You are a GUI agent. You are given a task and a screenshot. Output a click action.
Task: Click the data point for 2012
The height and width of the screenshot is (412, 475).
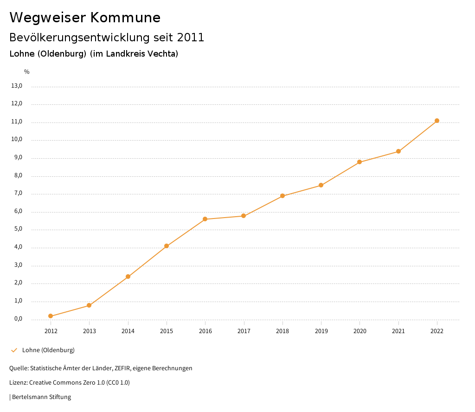point(51,316)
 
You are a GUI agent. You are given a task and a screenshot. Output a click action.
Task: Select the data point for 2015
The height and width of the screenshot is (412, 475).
point(167,246)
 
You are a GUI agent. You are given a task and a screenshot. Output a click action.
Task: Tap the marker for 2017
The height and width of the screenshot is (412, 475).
point(244,216)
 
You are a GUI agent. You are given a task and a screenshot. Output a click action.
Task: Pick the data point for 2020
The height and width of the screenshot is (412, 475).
point(359,162)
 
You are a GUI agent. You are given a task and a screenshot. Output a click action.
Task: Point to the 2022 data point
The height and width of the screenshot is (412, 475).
point(437,121)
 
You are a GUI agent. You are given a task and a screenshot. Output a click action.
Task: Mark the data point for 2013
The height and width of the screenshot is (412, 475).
point(89,305)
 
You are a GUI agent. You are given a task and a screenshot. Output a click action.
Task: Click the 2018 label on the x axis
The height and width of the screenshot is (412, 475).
point(282,331)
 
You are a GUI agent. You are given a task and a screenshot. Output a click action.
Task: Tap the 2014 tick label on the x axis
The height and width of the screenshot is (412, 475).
point(128,331)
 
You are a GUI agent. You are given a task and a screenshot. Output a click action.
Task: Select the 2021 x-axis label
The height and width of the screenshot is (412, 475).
point(398,331)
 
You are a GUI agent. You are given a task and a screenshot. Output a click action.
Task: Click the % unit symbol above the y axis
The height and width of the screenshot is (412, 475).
point(27,72)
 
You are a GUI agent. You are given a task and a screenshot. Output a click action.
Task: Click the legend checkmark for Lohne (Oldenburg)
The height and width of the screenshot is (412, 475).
point(14,350)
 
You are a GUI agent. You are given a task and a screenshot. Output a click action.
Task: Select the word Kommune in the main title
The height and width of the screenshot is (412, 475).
point(125,17)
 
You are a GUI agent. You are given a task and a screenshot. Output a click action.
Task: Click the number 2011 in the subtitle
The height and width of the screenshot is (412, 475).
point(191,37)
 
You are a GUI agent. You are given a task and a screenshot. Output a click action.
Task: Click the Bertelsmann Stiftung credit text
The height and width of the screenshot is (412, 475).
point(41,397)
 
